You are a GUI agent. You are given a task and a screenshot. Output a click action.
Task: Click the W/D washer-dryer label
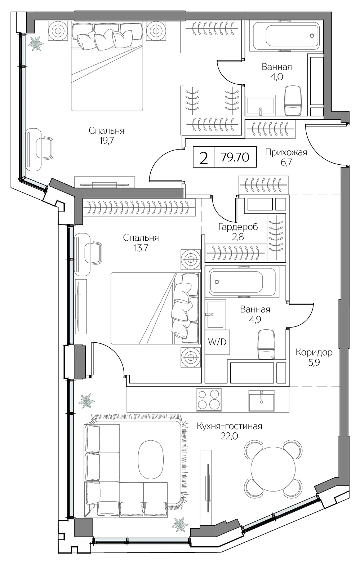(x=217, y=342)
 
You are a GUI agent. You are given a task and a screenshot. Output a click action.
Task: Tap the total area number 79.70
(x=235, y=157)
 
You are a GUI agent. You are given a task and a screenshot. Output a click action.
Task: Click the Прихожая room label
(x=286, y=153)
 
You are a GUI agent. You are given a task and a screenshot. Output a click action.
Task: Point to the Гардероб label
(x=238, y=227)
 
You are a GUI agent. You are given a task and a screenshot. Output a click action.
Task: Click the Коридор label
(x=314, y=352)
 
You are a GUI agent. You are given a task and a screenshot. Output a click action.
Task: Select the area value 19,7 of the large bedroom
(x=106, y=141)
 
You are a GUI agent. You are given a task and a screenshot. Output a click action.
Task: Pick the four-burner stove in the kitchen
(x=209, y=400)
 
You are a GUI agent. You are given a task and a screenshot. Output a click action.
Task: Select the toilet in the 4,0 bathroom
(x=293, y=100)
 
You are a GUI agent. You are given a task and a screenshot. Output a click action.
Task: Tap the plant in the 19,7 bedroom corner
(x=36, y=43)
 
